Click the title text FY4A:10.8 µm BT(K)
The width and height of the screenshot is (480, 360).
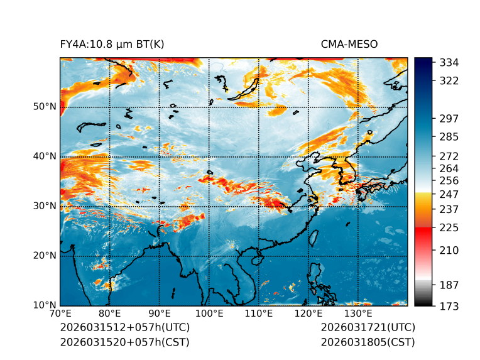pyautogui.click(x=111, y=44)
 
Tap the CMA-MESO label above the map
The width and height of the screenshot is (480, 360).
pyautogui.click(x=349, y=44)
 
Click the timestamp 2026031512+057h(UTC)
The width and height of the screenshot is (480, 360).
pyautogui.click(x=124, y=327)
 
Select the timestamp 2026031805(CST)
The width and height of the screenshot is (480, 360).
pyautogui.click(x=368, y=342)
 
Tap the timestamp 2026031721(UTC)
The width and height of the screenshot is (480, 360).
pyautogui.click(x=368, y=327)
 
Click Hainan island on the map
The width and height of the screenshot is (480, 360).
pyautogui.click(x=256, y=259)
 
